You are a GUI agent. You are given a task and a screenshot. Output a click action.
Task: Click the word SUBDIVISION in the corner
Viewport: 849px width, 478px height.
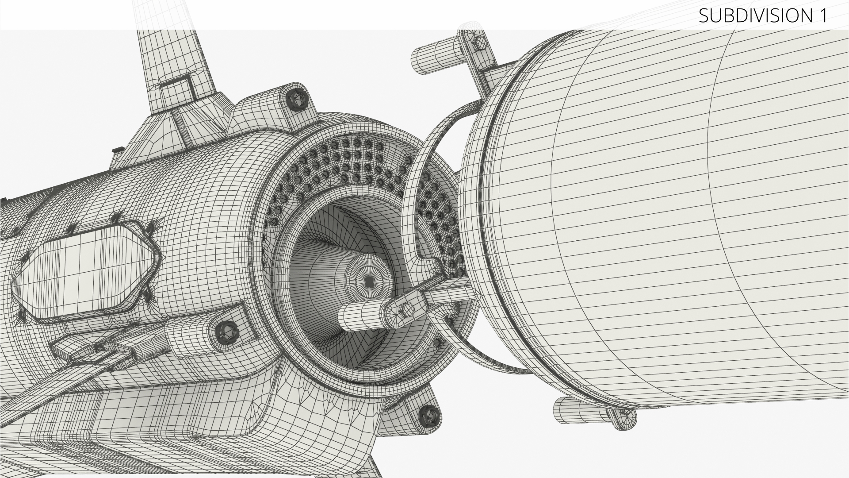coord(754,15)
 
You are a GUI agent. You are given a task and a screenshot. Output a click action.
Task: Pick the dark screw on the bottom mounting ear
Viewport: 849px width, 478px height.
coord(428,415)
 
